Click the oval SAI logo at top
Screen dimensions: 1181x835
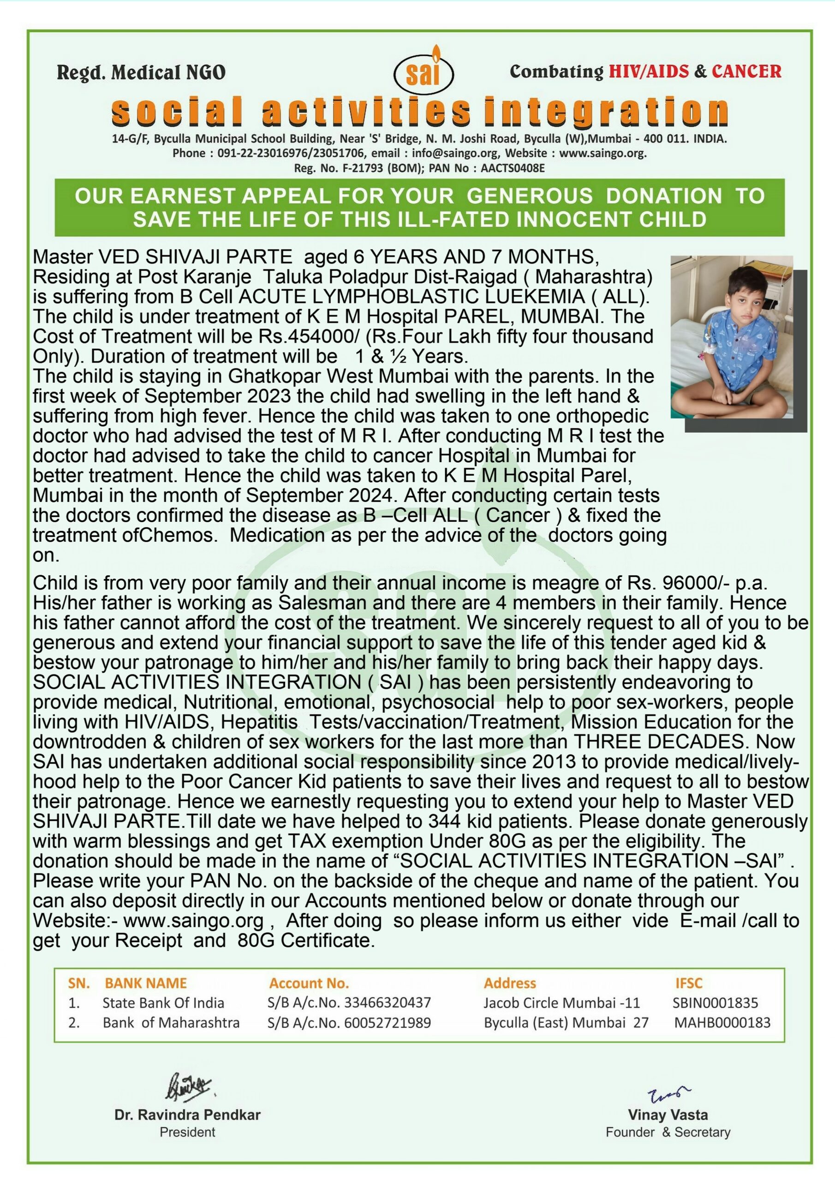tap(423, 72)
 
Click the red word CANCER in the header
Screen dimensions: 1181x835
tap(746, 72)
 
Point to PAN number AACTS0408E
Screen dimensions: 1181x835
tap(513, 168)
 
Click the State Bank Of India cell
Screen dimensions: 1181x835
tap(163, 1002)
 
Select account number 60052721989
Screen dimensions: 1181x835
tap(388, 1023)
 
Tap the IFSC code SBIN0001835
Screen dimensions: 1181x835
tap(715, 1002)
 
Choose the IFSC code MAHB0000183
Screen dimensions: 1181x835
tap(722, 1023)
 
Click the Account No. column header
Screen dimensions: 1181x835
tap(309, 983)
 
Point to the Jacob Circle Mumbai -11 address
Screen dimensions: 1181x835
tap(561, 1002)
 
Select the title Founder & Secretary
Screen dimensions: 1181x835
tap(668, 1132)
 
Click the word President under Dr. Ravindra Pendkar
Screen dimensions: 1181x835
tap(187, 1132)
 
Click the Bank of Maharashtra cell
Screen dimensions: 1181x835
tap(171, 1023)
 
